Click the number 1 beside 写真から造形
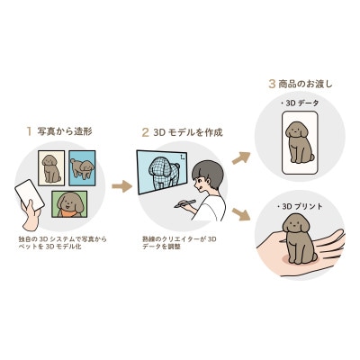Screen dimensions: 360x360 click(29, 130)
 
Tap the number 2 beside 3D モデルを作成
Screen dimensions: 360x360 click(145, 131)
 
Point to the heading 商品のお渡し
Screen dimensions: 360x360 click(305, 85)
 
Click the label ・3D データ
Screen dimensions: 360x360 click(301, 104)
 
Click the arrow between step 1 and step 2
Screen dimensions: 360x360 click(121, 187)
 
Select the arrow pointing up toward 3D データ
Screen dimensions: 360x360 click(242, 159)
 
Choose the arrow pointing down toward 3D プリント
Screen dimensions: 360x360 click(242, 215)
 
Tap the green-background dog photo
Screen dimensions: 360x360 click(68, 206)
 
